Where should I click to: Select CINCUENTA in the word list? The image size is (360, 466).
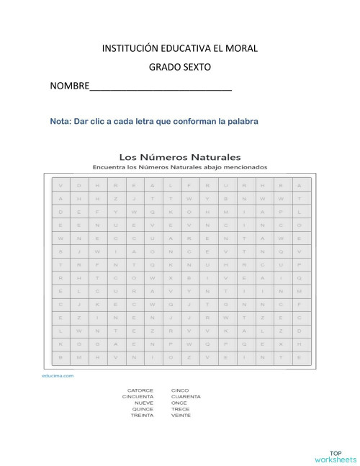138,397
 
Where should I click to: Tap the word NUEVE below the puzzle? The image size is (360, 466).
144,403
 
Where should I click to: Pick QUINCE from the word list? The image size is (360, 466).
143,409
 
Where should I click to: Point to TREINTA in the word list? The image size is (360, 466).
141,416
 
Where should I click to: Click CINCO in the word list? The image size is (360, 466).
180,390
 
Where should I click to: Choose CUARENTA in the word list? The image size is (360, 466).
186,397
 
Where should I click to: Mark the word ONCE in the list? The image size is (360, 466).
179,403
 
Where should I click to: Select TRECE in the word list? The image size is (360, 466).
181,409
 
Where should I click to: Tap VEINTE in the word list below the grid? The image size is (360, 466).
181,416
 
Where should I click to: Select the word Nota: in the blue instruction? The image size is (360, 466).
61,121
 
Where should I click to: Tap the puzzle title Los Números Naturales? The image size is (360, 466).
179,156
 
